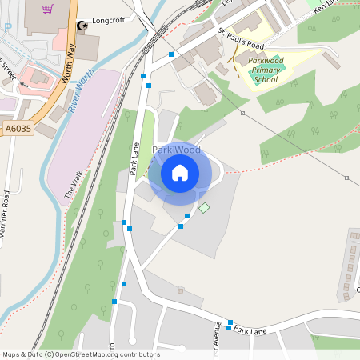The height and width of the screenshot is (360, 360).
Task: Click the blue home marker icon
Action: tap(180, 172)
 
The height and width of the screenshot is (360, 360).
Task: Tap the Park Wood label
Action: tap(176, 150)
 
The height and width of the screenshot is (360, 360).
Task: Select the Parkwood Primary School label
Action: tap(263, 70)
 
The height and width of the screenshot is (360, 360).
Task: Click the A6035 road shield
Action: tap(17, 127)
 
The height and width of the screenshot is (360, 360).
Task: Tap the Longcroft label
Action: tap(109, 22)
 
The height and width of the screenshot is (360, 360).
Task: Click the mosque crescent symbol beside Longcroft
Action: tap(81, 25)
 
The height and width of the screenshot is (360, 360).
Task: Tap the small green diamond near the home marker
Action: tap(204, 208)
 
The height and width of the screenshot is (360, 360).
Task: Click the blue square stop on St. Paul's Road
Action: tap(170, 54)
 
